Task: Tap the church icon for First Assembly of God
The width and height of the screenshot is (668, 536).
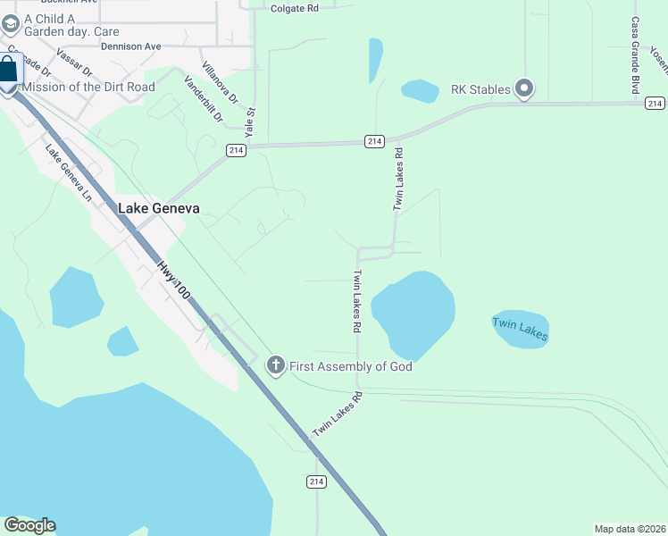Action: (276, 364)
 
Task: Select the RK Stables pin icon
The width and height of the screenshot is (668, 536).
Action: (524, 88)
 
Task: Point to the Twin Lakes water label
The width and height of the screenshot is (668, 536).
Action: (519, 329)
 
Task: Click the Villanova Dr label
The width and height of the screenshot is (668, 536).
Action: (221, 83)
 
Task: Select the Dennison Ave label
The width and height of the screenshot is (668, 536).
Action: (130, 46)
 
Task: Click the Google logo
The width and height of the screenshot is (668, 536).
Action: (29, 525)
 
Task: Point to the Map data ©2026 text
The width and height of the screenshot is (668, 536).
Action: (630, 528)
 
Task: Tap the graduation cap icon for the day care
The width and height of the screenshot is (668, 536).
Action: (10, 19)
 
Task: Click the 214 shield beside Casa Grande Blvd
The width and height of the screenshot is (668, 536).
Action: (655, 104)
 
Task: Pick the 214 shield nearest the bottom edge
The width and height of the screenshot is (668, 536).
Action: (316, 482)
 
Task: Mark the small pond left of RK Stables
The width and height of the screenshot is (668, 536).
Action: (419, 90)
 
